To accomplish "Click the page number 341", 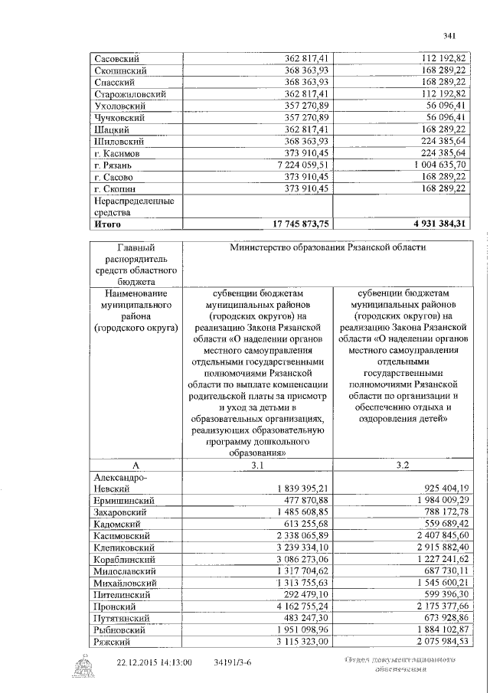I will [x=449, y=35].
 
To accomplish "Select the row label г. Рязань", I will [x=112, y=165].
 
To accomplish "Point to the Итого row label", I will [x=107, y=224].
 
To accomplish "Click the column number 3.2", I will [x=403, y=465].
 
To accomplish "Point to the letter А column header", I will [x=135, y=465].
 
